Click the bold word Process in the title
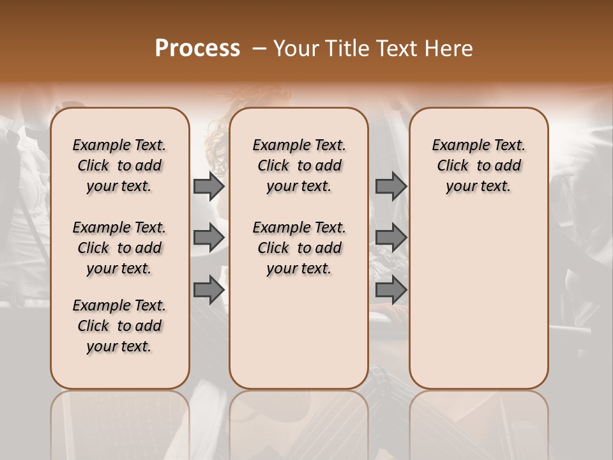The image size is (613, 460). [x=197, y=49]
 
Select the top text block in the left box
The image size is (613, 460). [x=119, y=165]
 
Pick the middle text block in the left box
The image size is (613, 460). [x=119, y=248]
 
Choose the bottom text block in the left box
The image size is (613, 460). [x=119, y=326]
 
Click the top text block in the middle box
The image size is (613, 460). [x=299, y=165]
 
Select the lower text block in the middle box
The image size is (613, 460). [x=299, y=248]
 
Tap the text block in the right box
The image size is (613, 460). [x=478, y=165]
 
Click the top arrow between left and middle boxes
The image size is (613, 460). [x=209, y=186]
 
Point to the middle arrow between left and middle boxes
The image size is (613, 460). [x=209, y=238]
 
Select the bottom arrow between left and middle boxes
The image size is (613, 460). [x=209, y=290]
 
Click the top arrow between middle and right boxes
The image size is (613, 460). [x=391, y=186]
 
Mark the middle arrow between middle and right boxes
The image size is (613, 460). [x=391, y=238]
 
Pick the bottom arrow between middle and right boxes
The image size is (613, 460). [x=391, y=290]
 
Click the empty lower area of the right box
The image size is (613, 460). [x=478, y=307]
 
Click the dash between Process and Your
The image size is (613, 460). [x=259, y=49]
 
